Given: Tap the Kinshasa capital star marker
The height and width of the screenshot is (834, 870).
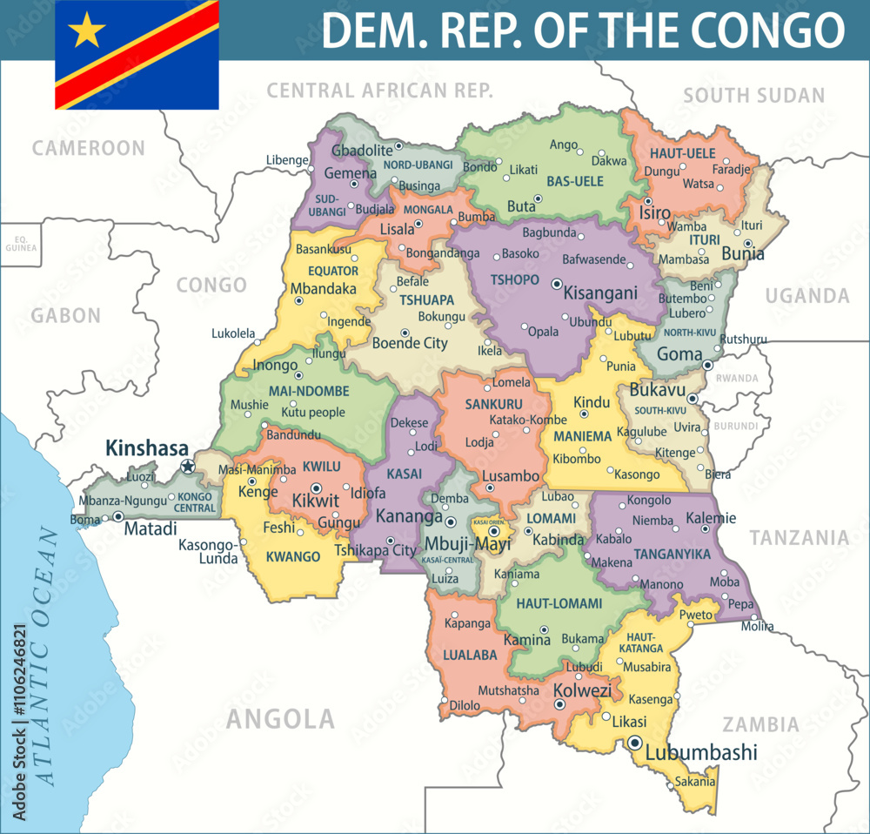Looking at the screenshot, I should [187, 467].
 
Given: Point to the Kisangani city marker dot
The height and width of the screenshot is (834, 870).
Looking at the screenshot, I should [557, 283].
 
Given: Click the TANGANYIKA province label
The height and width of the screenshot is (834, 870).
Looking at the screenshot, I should [673, 554].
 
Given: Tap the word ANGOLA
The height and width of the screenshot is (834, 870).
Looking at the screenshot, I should [280, 718].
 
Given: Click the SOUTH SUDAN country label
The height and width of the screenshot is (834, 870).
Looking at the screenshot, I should [753, 95].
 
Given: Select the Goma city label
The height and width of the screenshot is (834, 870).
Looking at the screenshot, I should [679, 354].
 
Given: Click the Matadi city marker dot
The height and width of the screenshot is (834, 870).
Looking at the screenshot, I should [117, 516].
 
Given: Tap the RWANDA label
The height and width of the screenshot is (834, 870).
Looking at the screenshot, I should [737, 379].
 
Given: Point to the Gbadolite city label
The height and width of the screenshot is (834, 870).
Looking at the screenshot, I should [362, 150].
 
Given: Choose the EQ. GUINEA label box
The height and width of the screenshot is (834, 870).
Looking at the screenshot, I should [19, 243].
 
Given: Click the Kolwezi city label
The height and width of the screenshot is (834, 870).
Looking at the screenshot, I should [583, 690].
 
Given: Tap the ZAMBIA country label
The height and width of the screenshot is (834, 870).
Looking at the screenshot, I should [760, 724].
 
